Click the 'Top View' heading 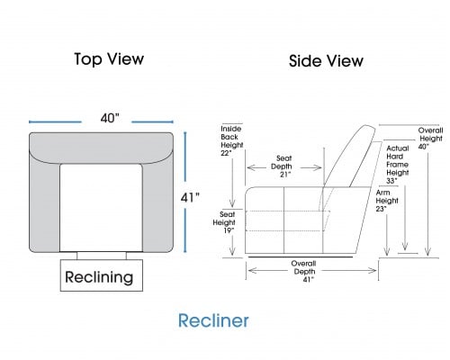(109, 59)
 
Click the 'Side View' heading (326, 61)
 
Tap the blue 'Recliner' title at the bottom (213, 320)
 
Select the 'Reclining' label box (102, 275)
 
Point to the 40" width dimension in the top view (110, 118)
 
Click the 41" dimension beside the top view (190, 198)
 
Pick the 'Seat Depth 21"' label (282, 166)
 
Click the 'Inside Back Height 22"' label (232, 140)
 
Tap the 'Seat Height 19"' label (224, 222)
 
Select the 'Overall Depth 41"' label (304, 271)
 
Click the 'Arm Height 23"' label (387, 201)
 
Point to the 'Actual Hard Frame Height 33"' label (398, 165)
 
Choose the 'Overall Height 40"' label (431, 139)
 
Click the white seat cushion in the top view (101, 208)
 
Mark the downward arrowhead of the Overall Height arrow (428, 252)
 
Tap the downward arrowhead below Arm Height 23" (387, 252)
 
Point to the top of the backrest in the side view (368, 126)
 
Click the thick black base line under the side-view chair (301, 256)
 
